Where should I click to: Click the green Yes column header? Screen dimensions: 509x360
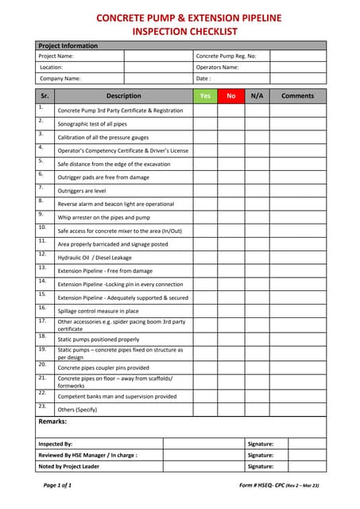click(205, 96)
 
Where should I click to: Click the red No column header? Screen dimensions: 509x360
click(231, 96)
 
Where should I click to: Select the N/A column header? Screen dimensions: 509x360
click(257, 96)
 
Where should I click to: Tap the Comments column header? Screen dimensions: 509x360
click(297, 96)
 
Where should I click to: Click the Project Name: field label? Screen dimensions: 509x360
click(56, 56)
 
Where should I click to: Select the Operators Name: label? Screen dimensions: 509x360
click(217, 68)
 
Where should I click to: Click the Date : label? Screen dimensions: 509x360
click(203, 79)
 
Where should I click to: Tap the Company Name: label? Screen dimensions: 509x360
click(60, 79)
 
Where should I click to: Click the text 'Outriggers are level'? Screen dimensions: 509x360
click(83, 191)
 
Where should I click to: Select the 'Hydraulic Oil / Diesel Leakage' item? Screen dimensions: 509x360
click(95, 258)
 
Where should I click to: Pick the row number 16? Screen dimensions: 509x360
click(42, 307)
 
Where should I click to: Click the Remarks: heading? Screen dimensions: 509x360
click(52, 422)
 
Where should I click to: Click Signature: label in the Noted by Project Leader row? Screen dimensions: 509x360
click(261, 466)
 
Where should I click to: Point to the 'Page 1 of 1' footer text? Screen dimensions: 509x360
click(57, 484)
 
